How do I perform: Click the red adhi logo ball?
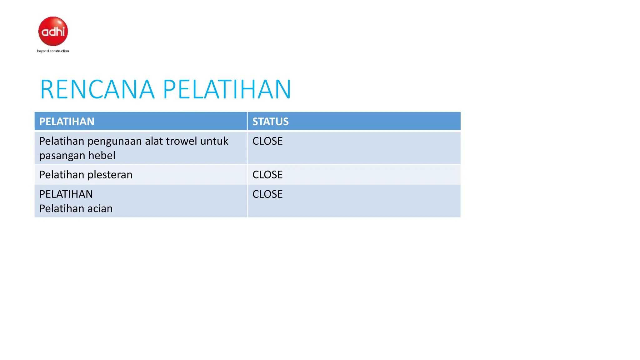pos(53,31)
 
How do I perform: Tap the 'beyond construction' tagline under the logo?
pos(53,51)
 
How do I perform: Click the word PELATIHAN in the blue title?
pos(227,90)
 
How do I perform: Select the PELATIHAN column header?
pos(67,122)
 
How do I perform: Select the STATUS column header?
pos(270,122)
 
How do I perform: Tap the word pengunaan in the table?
pos(115,142)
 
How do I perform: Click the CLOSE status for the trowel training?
pos(267,141)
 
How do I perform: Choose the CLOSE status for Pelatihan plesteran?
pos(267,175)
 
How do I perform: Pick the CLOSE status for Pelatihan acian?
pos(267,194)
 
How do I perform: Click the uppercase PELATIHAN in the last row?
pos(66,194)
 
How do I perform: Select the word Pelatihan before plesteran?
pos(62,175)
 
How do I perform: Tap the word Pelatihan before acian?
pos(62,209)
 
